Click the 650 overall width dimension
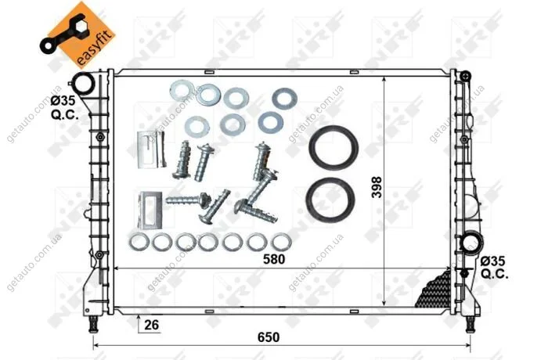click(x=269, y=337)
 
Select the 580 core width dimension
click(x=274, y=259)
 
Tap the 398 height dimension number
click(x=377, y=187)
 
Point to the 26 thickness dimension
click(x=151, y=325)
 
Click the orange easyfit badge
click(x=80, y=34)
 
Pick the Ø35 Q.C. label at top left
click(x=63, y=107)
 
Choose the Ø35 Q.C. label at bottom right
click(x=493, y=268)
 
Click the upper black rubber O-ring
click(x=333, y=147)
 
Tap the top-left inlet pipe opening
click(x=84, y=84)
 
